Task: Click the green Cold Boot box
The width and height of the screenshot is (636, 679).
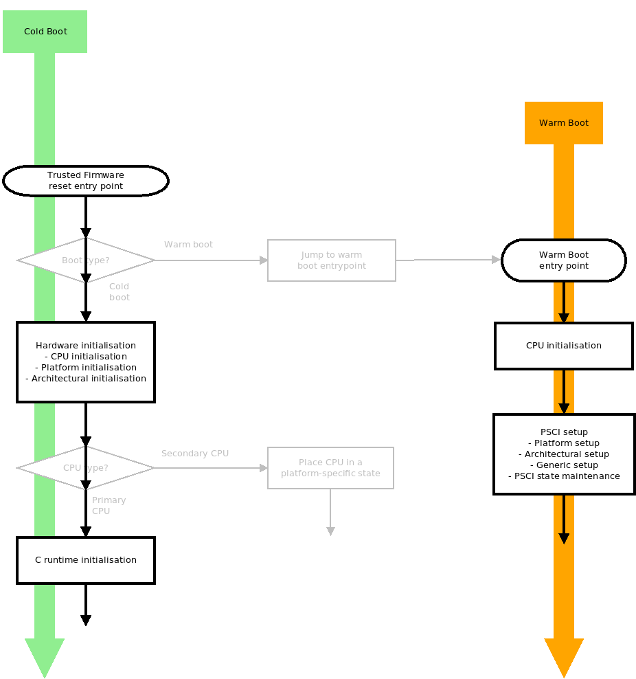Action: click(45, 32)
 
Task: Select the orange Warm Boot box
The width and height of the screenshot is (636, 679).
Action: click(563, 123)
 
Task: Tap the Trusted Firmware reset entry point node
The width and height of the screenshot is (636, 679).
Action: click(86, 181)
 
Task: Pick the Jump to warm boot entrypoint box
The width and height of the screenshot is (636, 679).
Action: click(332, 260)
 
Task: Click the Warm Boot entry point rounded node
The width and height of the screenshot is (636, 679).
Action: click(563, 260)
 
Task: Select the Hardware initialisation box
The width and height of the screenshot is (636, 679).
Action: click(86, 362)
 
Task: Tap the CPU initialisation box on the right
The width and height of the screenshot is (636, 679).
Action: click(563, 346)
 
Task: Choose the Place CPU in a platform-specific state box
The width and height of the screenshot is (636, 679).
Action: click(330, 468)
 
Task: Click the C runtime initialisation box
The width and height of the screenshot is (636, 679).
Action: click(86, 560)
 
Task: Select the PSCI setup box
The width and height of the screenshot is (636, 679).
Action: click(563, 454)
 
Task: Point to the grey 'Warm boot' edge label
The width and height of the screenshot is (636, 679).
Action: click(188, 245)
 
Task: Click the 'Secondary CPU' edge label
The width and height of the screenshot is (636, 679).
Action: click(195, 454)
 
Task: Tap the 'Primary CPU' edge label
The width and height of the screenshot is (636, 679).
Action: click(109, 506)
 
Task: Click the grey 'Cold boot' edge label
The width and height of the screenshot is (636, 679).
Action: click(120, 292)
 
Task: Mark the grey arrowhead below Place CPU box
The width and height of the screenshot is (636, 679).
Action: click(330, 531)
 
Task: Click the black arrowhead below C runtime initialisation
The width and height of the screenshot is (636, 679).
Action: click(86, 621)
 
